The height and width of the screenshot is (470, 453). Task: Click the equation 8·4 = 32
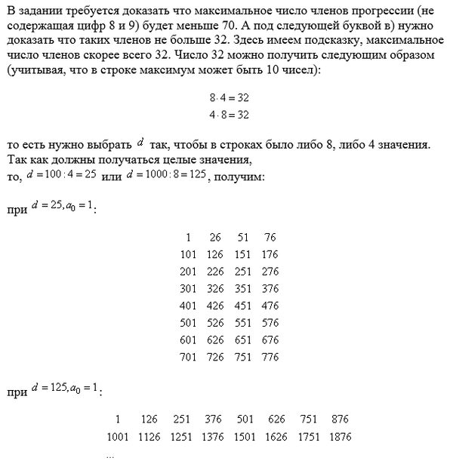(x=230, y=99)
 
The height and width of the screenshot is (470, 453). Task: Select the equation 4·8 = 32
(x=230, y=115)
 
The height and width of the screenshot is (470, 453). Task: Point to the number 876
(x=342, y=419)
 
